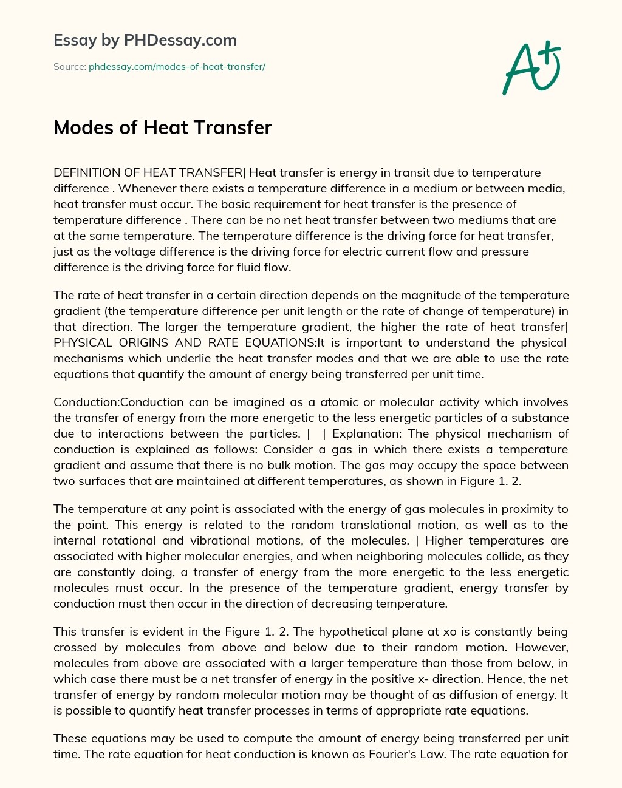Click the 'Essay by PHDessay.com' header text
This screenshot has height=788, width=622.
(x=145, y=40)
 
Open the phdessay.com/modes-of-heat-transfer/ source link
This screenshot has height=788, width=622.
(x=177, y=66)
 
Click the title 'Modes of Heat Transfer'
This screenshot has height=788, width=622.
(x=163, y=127)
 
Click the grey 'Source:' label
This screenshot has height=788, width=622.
(x=69, y=66)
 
